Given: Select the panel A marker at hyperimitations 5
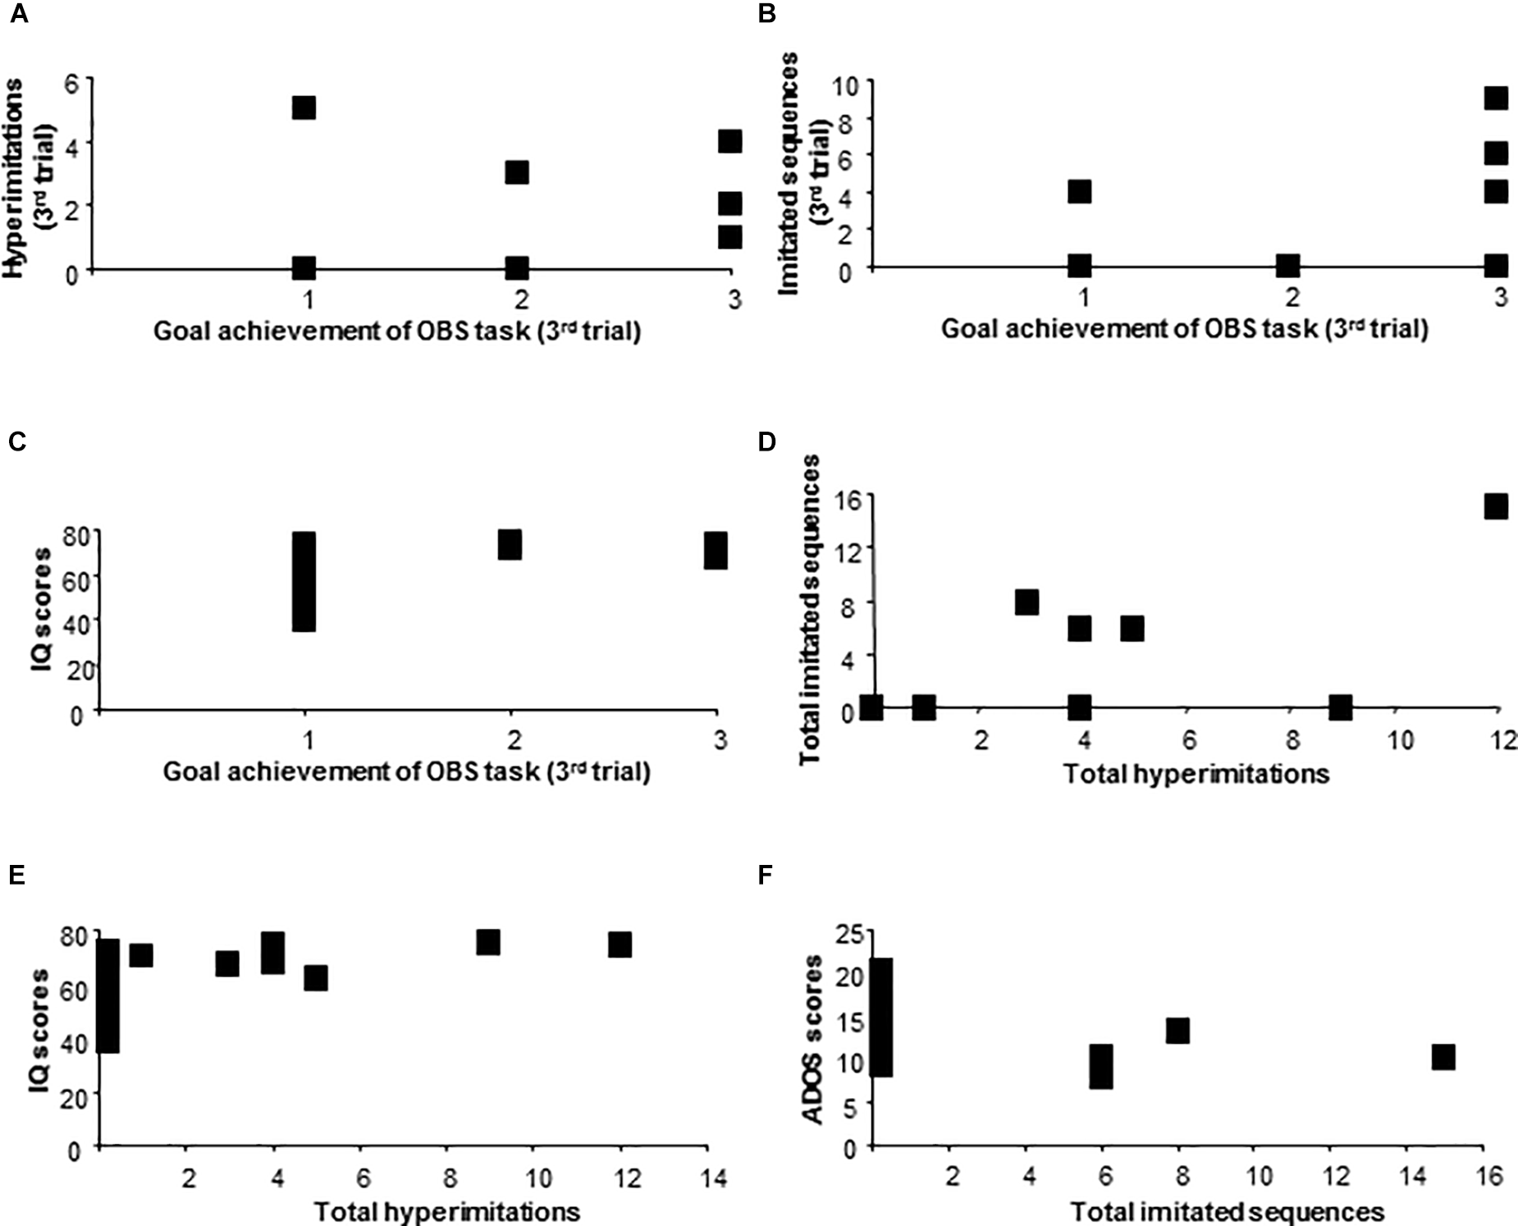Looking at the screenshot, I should [x=304, y=108].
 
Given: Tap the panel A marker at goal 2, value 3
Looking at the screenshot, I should [x=516, y=172].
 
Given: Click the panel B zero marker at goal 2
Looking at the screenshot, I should [x=1287, y=265].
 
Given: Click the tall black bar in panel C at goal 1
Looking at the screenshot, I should [x=304, y=581].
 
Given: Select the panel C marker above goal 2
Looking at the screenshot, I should [x=510, y=544].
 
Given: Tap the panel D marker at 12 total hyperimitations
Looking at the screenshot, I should [x=1497, y=506].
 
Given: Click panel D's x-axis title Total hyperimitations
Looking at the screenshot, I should [x=1196, y=773].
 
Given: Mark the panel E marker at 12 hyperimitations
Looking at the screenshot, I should [x=620, y=945].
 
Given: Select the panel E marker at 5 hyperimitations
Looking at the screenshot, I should [x=316, y=977].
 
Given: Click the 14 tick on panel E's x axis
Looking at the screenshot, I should [x=715, y=1179].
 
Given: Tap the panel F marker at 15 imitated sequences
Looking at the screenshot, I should [x=1443, y=1057].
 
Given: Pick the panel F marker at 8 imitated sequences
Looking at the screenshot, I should [x=1177, y=1031].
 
